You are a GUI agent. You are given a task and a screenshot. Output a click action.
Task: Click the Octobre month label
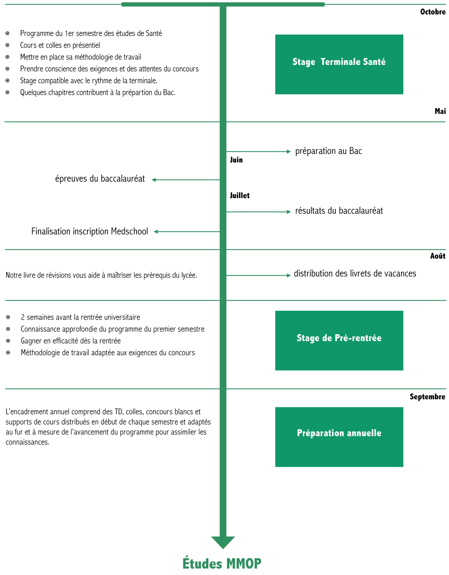[432, 12]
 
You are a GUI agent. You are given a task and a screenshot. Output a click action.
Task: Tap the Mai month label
[440, 111]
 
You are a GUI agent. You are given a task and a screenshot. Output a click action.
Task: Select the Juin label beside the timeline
[236, 160]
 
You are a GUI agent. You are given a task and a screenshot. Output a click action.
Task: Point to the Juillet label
[240, 196]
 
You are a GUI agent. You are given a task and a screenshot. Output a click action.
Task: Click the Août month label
[437, 256]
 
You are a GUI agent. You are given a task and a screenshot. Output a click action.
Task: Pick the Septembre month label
[428, 397]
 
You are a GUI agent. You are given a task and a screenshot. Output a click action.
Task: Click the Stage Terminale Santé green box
[339, 64]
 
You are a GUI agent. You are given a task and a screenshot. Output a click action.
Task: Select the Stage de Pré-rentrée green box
[339, 341]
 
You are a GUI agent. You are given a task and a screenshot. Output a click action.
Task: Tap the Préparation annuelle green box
[339, 437]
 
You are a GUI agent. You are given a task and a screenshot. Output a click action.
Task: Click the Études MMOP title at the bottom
[222, 563]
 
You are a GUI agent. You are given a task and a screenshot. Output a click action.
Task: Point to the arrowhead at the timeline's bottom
[223, 542]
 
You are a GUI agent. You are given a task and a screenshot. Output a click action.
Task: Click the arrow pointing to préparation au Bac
[258, 152]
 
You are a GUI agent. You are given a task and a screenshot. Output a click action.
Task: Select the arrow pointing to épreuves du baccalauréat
[186, 180]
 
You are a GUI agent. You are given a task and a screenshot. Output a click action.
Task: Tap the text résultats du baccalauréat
[339, 211]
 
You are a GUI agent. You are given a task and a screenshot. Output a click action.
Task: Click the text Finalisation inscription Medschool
[89, 232]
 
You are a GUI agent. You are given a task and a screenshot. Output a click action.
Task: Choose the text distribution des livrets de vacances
[355, 273]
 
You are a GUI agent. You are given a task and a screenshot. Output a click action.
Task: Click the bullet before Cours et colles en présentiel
[7, 45]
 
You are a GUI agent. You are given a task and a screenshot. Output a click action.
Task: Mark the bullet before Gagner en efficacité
[8, 341]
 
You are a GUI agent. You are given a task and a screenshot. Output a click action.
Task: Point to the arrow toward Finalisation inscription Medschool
[187, 232]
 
